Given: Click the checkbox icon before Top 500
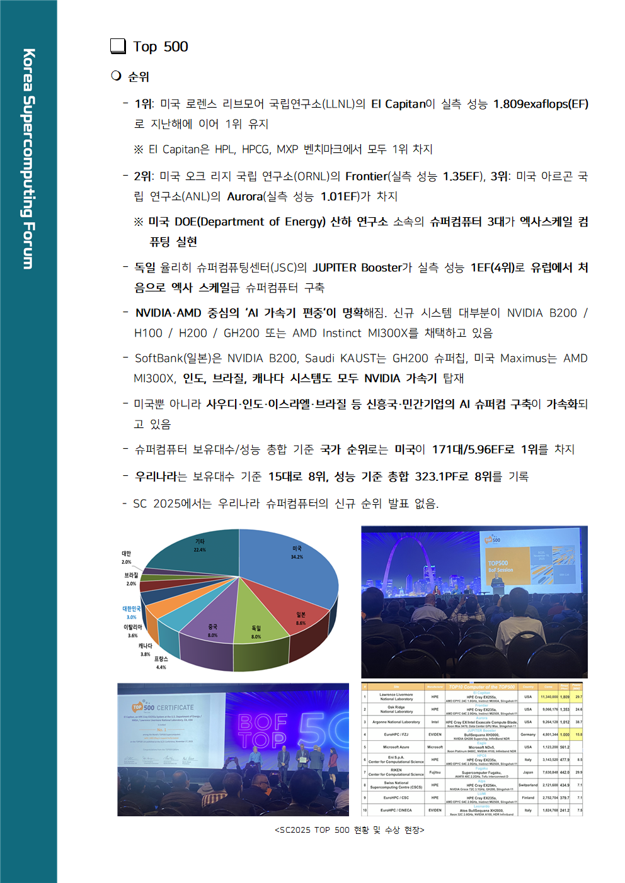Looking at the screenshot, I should point(118,46).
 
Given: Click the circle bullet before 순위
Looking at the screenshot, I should point(116,76).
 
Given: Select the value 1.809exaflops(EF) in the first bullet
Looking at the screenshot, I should point(540,104).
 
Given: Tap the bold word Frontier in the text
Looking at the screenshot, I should point(366,176).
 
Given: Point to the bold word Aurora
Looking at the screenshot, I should point(244,196).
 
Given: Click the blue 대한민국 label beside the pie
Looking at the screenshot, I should point(132,609).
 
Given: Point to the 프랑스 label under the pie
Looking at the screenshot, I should point(161,659).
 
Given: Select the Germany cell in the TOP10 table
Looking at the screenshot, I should point(528,734).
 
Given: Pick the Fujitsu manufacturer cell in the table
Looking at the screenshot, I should point(435,772).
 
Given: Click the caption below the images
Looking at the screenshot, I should point(349,830).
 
